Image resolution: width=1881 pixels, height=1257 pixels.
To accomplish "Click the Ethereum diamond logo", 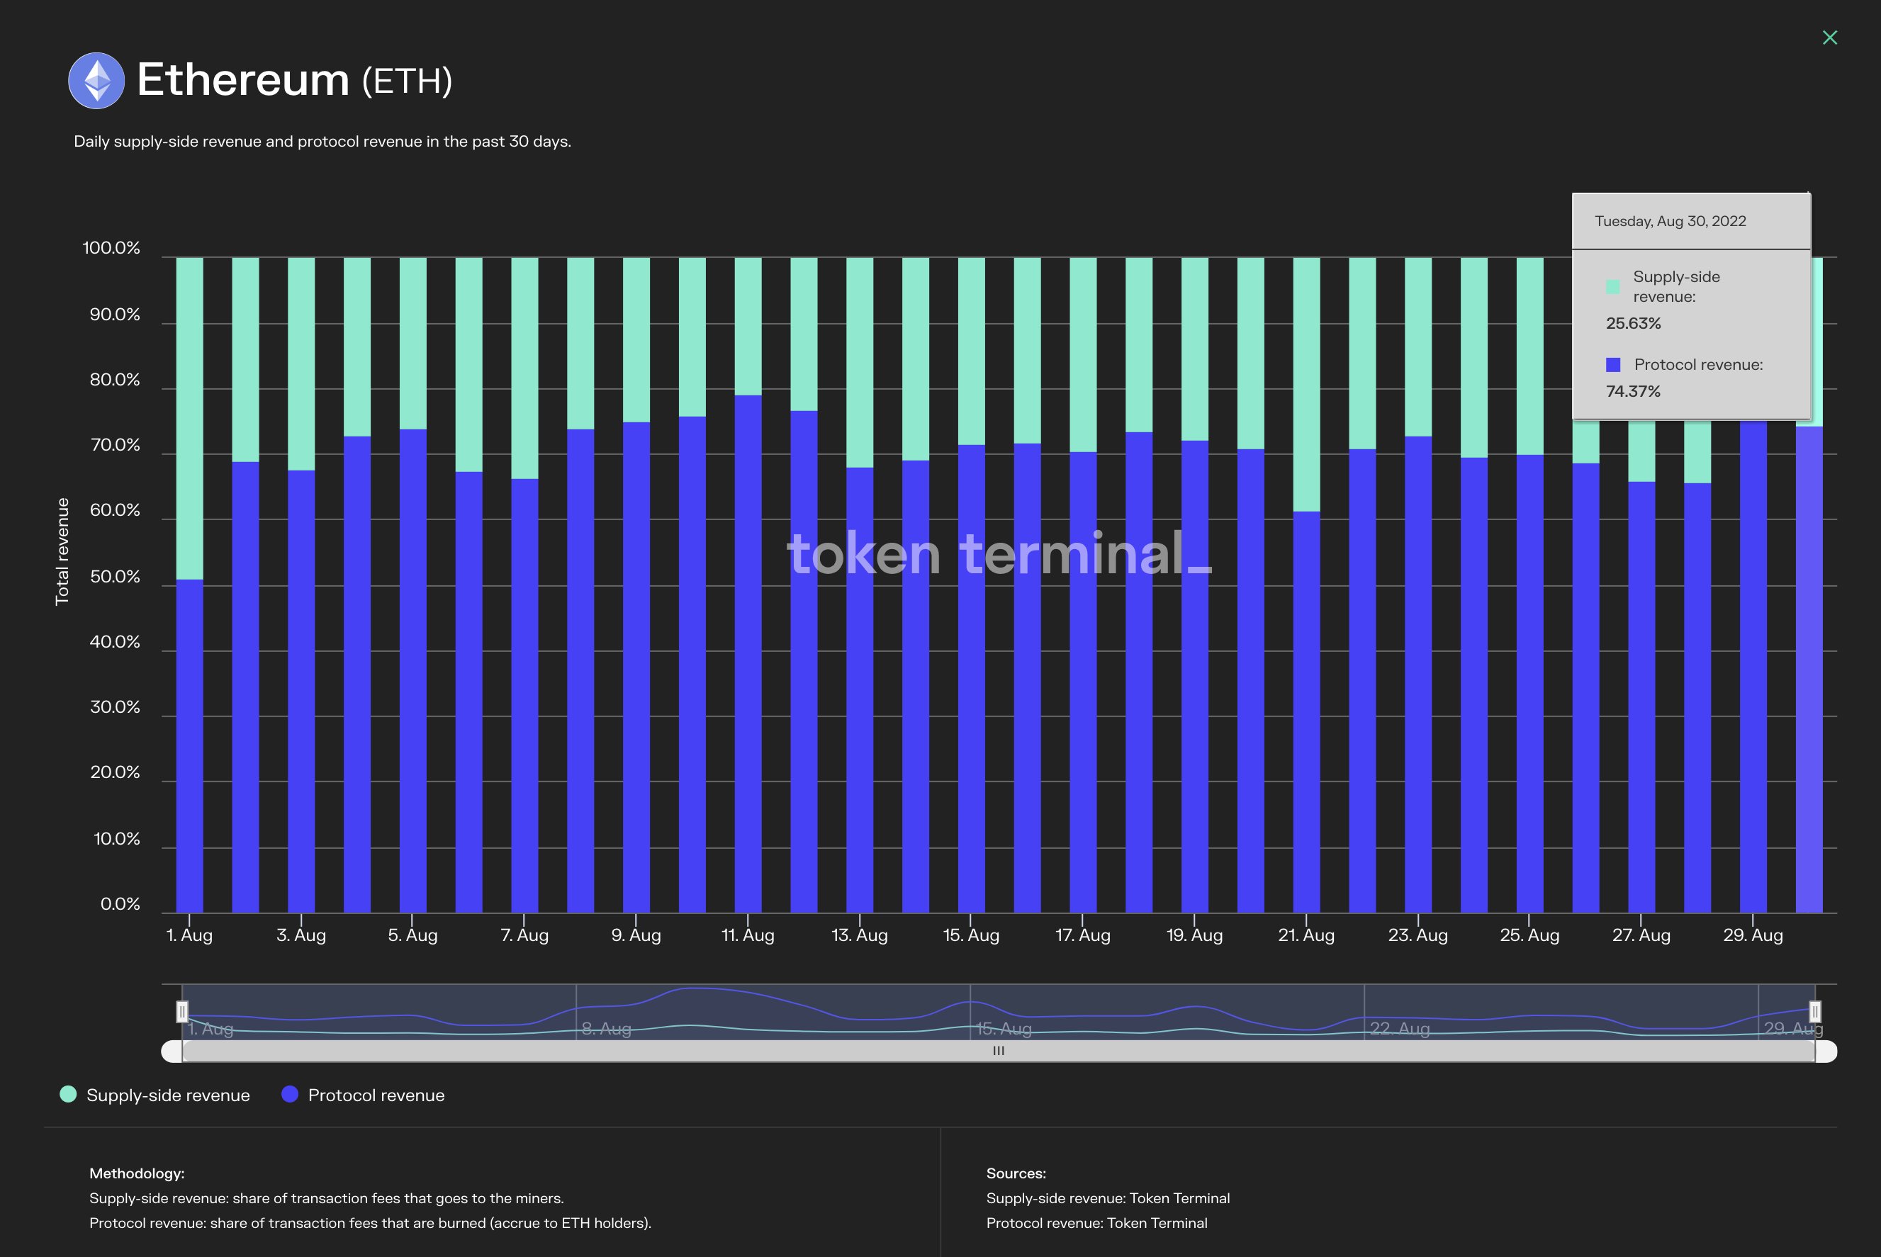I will click(96, 80).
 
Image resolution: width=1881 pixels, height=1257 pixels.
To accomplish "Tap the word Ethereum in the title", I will click(243, 80).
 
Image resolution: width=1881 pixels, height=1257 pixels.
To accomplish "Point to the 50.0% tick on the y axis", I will click(115, 576).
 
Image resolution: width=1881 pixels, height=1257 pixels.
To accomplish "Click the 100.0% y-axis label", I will click(111, 248).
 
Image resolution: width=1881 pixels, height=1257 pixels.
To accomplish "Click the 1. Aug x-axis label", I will click(189, 935).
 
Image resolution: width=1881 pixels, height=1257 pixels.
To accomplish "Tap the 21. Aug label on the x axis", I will click(1306, 935).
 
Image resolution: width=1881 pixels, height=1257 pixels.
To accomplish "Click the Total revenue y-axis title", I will click(62, 551).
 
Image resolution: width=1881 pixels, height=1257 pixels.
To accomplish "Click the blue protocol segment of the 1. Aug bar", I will click(189, 745).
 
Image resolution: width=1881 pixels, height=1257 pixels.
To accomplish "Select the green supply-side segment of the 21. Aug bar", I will click(1306, 385).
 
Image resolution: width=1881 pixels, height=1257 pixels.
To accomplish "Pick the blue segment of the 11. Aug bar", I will click(747, 653).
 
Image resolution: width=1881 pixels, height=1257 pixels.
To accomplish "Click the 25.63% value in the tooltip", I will click(1632, 323).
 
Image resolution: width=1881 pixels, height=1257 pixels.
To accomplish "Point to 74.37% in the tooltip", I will click(1632, 391).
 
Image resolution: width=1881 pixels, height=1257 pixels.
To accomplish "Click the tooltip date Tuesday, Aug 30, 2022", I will click(1669, 221).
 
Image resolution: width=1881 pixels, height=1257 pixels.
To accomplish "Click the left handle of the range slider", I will click(182, 1012).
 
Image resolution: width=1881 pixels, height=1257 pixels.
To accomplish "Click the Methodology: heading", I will click(136, 1173).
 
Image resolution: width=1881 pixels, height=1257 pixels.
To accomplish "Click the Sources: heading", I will click(1015, 1173).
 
